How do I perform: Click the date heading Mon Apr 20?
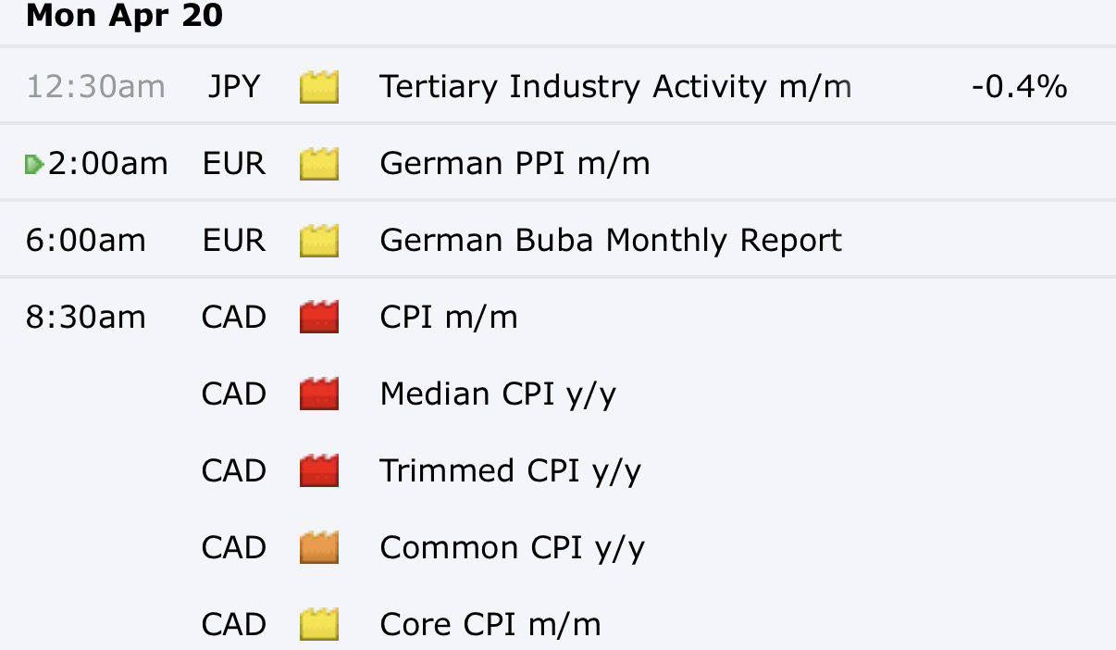click(124, 16)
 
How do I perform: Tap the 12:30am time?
click(95, 87)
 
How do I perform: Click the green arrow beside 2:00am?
click(34, 165)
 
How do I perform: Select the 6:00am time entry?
click(86, 240)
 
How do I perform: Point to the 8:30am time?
click(86, 317)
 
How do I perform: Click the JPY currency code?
click(234, 87)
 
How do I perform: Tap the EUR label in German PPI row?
click(234, 164)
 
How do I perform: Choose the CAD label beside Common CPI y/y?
click(234, 547)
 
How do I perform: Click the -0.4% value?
click(1020, 87)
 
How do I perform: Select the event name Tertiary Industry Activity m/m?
click(615, 87)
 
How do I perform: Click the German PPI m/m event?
click(515, 164)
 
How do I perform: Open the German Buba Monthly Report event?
click(611, 241)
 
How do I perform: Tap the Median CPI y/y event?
click(498, 394)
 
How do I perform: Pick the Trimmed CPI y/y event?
click(510, 471)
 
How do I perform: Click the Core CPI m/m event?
click(490, 624)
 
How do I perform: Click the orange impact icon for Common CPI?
click(319, 547)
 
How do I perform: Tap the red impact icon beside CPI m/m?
click(319, 317)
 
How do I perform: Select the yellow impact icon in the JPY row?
click(319, 87)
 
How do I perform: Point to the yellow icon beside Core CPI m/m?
click(319, 624)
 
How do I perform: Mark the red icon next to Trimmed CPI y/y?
click(319, 470)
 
